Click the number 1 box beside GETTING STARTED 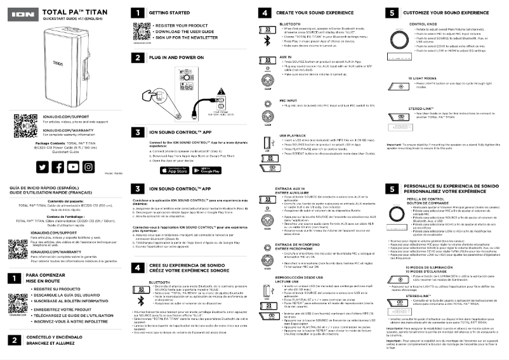[137, 12]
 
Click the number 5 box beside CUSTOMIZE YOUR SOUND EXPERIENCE [392, 12]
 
